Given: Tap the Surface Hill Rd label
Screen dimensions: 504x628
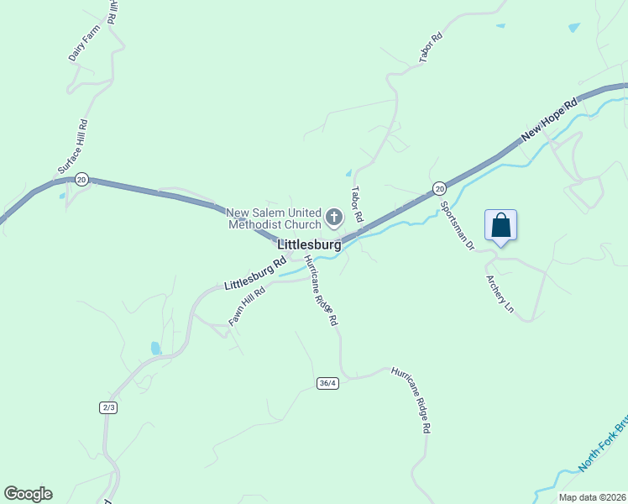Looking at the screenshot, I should (x=73, y=147).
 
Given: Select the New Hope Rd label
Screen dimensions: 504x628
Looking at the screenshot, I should (x=550, y=119).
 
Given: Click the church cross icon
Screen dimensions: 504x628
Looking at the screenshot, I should (x=334, y=218).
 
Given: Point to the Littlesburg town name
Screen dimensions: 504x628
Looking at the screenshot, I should (x=309, y=245).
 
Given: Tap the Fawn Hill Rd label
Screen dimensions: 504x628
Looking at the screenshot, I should (x=247, y=307).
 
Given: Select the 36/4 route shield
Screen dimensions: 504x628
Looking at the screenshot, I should (x=327, y=383).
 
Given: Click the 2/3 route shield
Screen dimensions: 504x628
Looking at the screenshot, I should (x=108, y=407).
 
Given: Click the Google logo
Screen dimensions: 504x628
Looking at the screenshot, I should (x=28, y=494).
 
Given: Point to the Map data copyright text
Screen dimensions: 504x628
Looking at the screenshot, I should (x=592, y=497).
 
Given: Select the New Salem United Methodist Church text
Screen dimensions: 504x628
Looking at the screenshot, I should (x=274, y=218).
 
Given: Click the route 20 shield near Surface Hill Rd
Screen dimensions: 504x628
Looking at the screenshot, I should (x=81, y=179).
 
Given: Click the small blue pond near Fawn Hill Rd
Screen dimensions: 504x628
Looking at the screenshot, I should (x=155, y=348).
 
